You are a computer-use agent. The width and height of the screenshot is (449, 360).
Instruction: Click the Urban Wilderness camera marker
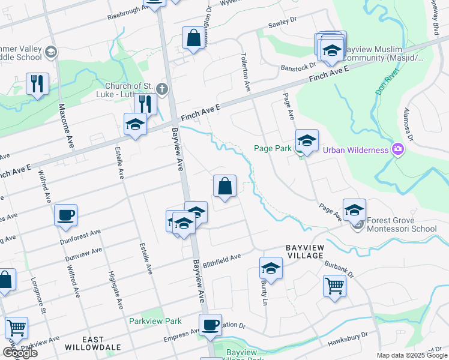(x=397, y=149)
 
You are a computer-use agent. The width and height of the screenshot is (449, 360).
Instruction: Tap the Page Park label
(x=273, y=149)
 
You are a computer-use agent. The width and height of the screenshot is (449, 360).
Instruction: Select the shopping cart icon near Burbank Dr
(x=334, y=285)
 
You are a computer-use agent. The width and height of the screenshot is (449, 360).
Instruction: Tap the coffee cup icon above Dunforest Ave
(x=65, y=214)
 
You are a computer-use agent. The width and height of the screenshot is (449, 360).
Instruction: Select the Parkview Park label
(x=155, y=321)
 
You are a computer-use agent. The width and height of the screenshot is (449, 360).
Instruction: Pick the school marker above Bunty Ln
(x=271, y=268)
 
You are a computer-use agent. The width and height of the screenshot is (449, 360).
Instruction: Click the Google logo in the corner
(x=20, y=353)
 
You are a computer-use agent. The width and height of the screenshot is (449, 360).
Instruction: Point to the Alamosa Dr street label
(x=411, y=127)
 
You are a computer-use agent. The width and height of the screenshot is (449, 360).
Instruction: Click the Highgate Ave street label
(x=119, y=290)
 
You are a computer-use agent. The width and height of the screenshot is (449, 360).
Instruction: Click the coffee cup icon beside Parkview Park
(x=210, y=325)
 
